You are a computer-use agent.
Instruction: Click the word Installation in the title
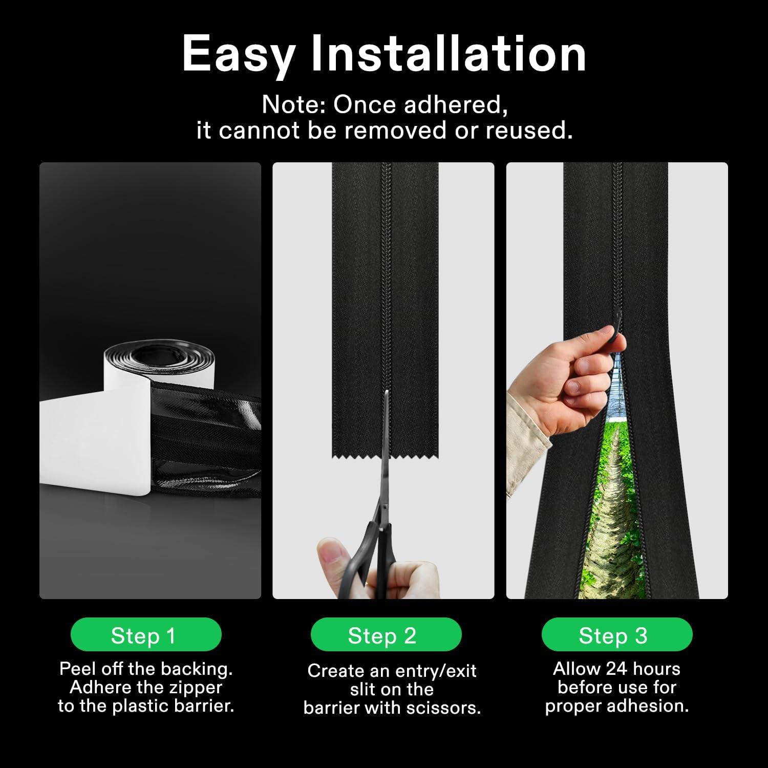coord(449,53)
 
